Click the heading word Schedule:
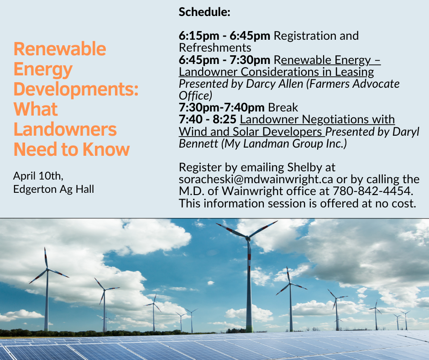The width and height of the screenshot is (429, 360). click(x=204, y=12)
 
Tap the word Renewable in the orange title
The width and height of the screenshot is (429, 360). click(x=60, y=49)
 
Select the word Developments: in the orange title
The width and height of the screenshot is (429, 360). click(x=76, y=90)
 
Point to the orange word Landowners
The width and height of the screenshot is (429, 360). click(x=65, y=129)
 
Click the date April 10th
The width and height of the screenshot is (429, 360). click(x=38, y=176)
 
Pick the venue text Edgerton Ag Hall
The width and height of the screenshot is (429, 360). click(x=54, y=189)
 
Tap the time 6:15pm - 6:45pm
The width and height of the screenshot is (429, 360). click(x=225, y=36)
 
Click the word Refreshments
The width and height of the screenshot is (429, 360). click(x=215, y=48)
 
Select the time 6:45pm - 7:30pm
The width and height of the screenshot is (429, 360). click(x=225, y=60)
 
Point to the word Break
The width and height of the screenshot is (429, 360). click(x=283, y=107)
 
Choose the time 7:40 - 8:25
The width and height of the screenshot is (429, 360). click(x=207, y=119)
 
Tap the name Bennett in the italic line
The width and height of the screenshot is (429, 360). click(x=199, y=143)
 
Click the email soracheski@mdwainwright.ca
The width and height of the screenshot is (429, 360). click(x=256, y=180)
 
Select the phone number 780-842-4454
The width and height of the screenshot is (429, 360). click(x=373, y=191)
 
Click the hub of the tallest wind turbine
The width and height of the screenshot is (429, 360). click(x=248, y=238)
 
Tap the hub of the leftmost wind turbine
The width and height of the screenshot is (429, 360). click(x=47, y=270)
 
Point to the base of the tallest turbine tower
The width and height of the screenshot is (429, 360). click(x=249, y=330)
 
